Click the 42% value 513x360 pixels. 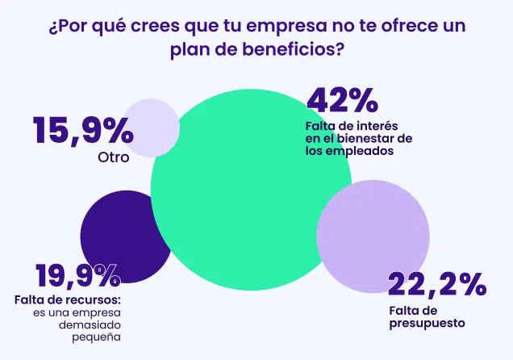[x=342, y=101]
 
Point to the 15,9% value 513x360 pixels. [x=82, y=130]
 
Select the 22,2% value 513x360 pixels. [x=436, y=285]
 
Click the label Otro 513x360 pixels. [x=113, y=157]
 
